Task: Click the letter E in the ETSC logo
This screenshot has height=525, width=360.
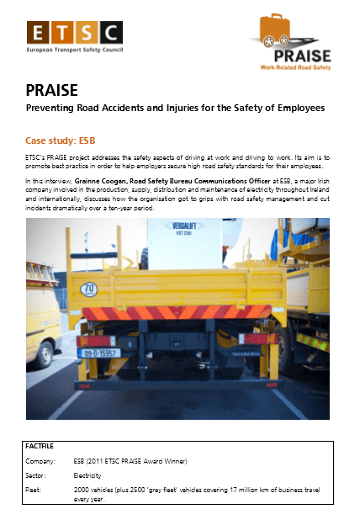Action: [x=40, y=33]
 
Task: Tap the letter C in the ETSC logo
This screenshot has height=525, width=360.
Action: [x=110, y=33]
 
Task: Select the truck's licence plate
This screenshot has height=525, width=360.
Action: [x=98, y=353]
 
